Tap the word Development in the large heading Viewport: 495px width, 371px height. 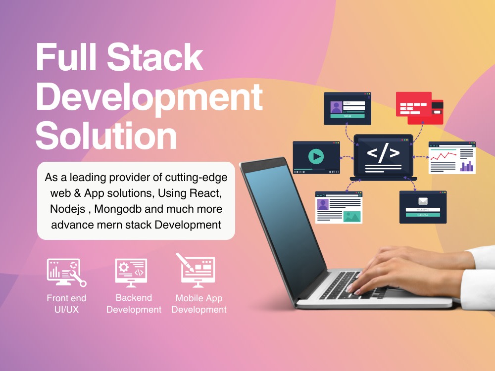point(149,97)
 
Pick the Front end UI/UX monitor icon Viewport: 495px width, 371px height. point(66,272)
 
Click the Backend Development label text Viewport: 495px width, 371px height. point(134,304)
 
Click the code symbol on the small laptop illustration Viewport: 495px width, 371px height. point(383,153)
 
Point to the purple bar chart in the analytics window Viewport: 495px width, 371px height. point(467,166)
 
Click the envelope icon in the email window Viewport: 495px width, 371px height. point(423,201)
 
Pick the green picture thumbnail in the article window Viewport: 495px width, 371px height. point(352,216)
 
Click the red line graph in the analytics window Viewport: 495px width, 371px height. point(443,156)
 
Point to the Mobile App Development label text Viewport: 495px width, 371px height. point(199,304)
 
